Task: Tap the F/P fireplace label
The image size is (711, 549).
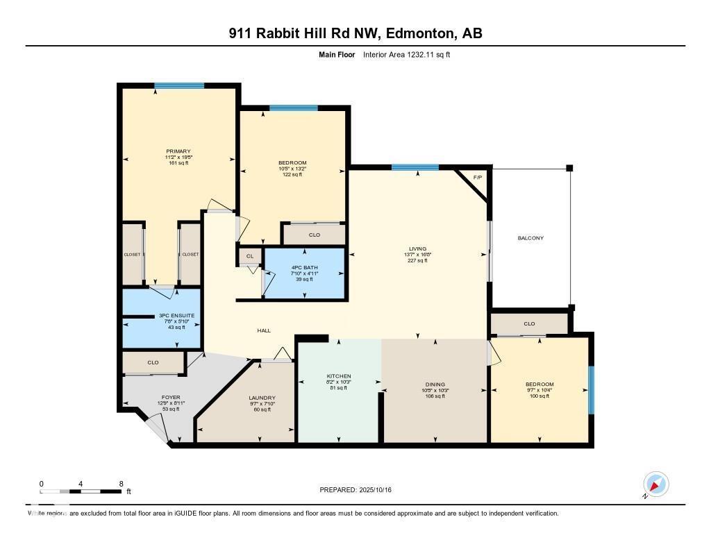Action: point(478,178)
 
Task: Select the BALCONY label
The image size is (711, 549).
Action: point(530,238)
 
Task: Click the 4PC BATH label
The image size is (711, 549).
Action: point(304,267)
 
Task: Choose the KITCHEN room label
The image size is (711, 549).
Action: point(339,376)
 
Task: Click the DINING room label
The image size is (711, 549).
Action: point(435,385)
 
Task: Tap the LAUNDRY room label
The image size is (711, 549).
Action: point(262,398)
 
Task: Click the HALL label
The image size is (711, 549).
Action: point(264,330)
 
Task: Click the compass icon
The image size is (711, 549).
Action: point(655,484)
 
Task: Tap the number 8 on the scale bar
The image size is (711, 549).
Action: point(121,484)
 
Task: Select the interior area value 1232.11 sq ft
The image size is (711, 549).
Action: point(430,54)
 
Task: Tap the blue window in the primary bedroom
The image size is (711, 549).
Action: point(179,85)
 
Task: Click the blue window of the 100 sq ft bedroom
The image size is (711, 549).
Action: point(592,389)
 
